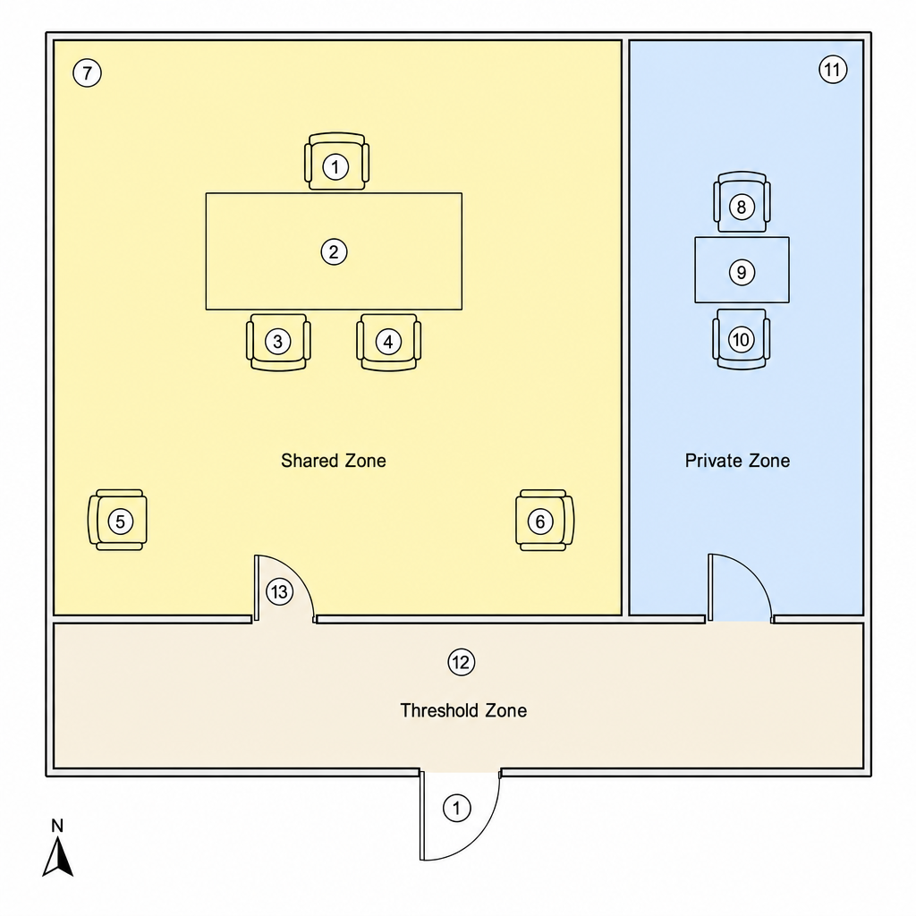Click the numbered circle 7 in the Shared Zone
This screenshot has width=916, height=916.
tap(87, 73)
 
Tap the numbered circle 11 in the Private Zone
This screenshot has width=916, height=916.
tap(833, 70)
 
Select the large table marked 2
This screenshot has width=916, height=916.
tap(334, 251)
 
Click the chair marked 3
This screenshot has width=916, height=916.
tap(278, 342)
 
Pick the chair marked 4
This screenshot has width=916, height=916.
tap(388, 342)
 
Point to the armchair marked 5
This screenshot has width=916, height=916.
tap(117, 520)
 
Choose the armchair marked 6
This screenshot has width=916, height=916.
tap(545, 520)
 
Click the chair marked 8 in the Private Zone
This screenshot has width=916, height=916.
tap(742, 202)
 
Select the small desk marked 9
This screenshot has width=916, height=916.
tap(742, 270)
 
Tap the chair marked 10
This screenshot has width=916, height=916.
tap(742, 339)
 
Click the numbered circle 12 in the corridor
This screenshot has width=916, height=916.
tap(461, 663)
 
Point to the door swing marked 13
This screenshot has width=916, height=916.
tap(284, 589)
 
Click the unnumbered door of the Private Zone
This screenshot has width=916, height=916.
tap(740, 588)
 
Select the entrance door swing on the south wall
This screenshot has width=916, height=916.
tap(460, 815)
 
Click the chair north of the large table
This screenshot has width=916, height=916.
tap(336, 161)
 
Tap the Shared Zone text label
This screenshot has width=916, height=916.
tap(334, 461)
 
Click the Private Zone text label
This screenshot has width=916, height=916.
tap(737, 461)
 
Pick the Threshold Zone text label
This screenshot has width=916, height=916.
tap(463, 710)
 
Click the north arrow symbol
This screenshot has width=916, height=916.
tap(58, 856)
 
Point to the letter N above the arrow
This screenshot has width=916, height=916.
tap(57, 826)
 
